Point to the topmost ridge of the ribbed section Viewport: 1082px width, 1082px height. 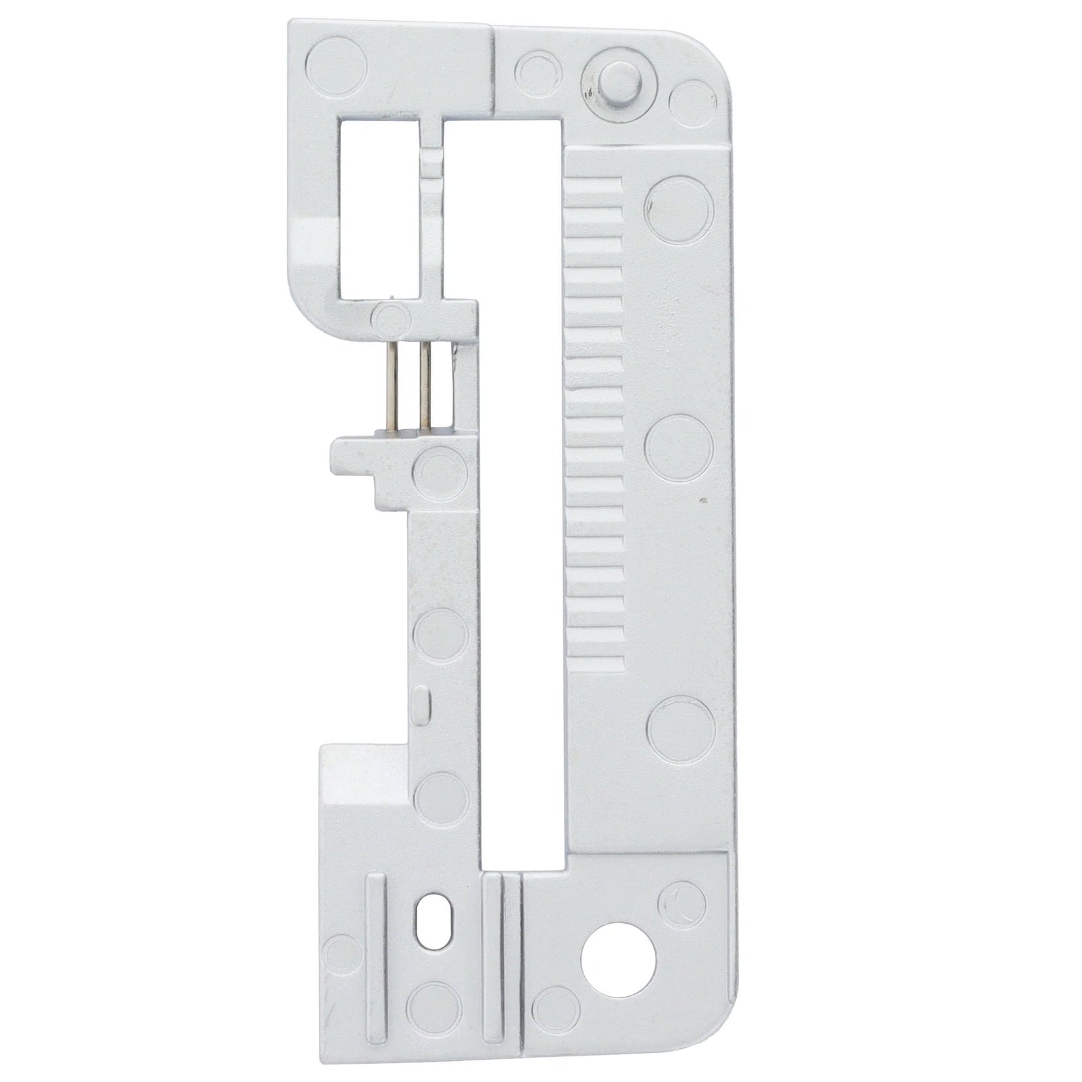(595, 184)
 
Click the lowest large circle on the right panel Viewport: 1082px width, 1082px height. (680, 729)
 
